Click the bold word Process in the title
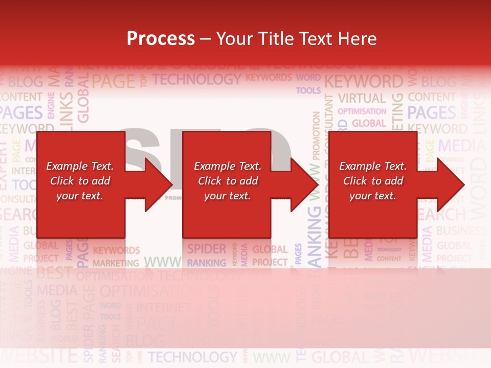161,39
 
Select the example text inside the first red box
80,181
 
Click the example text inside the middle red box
228,181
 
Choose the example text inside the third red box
373,181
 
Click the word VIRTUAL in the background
362,98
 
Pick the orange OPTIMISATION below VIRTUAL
362,111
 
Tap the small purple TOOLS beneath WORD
308,90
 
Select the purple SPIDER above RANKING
206,249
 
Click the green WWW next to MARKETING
162,262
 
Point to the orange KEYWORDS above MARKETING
116,250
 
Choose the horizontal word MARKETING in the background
116,263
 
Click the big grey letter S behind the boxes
139,148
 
